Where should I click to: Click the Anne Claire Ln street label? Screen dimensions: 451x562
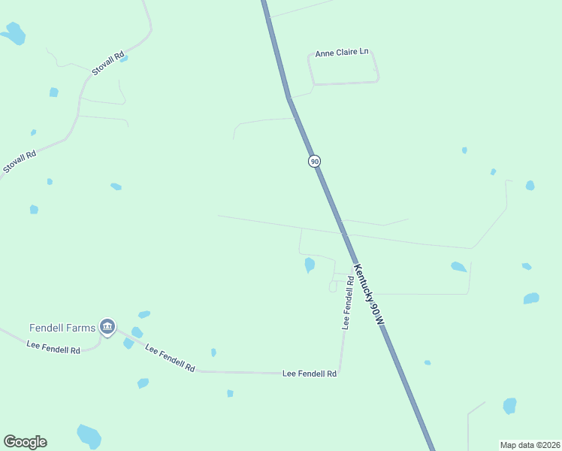(x=342, y=53)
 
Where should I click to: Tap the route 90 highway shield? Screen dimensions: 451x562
(x=314, y=162)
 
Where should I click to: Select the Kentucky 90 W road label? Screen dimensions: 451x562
(x=369, y=294)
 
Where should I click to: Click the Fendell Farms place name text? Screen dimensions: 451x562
(x=62, y=328)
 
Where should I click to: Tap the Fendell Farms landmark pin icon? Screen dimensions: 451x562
(x=107, y=327)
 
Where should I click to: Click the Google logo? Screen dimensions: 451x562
(x=25, y=442)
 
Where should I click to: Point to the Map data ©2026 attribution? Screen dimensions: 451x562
(x=530, y=445)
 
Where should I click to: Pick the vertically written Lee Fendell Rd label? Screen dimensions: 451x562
(x=348, y=303)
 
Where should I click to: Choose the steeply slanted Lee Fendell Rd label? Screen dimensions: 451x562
(x=171, y=358)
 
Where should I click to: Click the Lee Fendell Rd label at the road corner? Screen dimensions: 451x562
(x=309, y=373)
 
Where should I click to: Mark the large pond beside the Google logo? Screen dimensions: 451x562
(x=89, y=434)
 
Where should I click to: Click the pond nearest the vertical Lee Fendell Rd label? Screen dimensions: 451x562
(x=310, y=265)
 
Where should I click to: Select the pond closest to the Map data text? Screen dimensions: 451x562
(x=510, y=406)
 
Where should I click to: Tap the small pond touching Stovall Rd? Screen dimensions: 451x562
(x=124, y=58)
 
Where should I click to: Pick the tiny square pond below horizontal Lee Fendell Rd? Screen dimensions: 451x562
(x=230, y=393)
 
